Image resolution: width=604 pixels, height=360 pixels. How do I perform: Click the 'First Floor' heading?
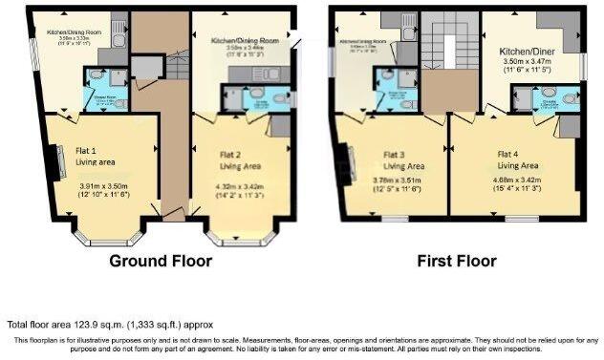pos(456,261)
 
